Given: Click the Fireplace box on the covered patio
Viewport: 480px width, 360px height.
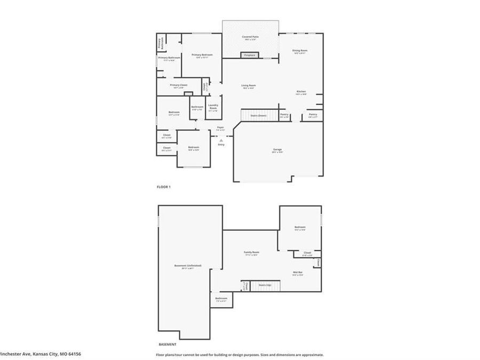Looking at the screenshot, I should pos(249,55).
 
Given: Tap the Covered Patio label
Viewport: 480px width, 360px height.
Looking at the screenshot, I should pos(250,36).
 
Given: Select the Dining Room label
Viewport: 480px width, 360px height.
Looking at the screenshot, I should pos(300,51).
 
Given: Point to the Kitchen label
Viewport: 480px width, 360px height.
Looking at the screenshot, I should pos(301,92).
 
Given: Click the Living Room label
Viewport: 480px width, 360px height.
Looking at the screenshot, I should pos(249,85).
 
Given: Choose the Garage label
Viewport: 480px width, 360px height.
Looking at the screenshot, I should pos(277,149).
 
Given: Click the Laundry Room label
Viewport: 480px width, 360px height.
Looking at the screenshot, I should pos(213,106).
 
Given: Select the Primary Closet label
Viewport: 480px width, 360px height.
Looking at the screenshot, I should pos(178,85).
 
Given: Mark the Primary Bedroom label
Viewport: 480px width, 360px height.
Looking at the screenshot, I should pos(202,55).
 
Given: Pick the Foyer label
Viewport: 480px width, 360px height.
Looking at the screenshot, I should pos(220,127).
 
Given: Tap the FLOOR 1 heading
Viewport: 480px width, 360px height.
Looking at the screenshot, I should pos(163,187).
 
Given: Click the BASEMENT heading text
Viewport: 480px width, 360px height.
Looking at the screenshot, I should pos(167,344).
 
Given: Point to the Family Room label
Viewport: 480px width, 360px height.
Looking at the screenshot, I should pos(251,252).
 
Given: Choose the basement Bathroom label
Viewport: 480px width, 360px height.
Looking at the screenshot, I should pos(221,298).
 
